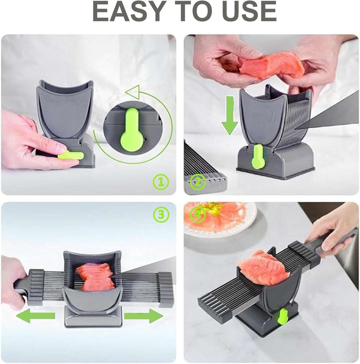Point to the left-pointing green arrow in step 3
pyautogui.click(x=35, y=315)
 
